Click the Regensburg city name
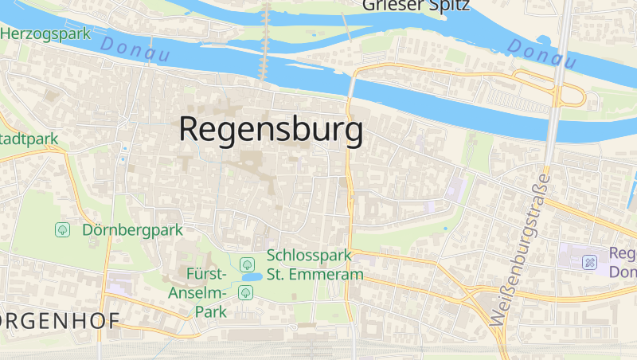(x=271, y=129)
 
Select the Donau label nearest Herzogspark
(x=135, y=52)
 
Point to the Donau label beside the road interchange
(x=541, y=53)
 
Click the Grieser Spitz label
(x=416, y=6)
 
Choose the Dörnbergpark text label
(x=132, y=230)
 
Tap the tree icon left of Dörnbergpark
(x=62, y=230)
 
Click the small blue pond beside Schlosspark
(x=252, y=277)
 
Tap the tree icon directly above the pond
(x=247, y=263)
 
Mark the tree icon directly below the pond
(x=245, y=292)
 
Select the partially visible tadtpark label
(x=29, y=139)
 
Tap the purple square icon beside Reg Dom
(x=589, y=262)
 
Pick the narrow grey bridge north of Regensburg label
(x=266, y=40)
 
